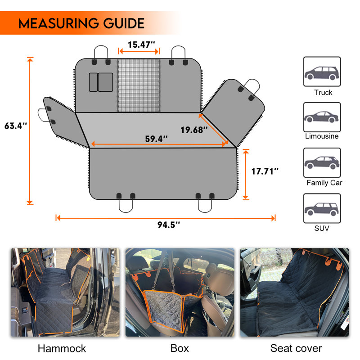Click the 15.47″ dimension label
pos(141,45)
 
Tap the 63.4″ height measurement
pos(16,126)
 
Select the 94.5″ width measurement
pos(169,225)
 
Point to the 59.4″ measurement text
pos(156,139)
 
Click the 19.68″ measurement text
pos(194,130)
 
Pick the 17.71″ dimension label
pos(265,171)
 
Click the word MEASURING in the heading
pos(58,23)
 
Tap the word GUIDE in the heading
pos(124,23)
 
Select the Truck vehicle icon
pos(322,72)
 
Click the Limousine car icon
pos(322,117)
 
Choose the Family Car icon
pos(322,162)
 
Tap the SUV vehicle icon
pos(322,208)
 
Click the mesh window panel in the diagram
pos(139,85)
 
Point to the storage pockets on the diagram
pos(101,82)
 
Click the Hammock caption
pos(62,348)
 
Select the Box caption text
pos(180,348)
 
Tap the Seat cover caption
pos(296,348)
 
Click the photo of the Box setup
pos(180,292)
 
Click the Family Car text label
pos(324,183)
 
